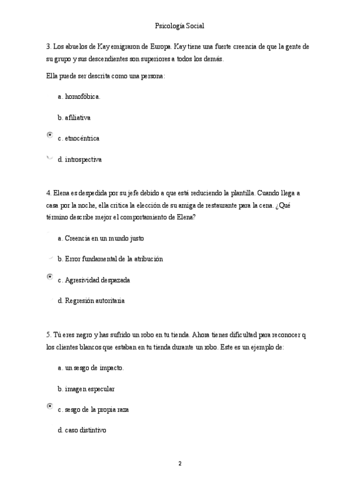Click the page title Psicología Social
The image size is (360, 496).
(x=179, y=26)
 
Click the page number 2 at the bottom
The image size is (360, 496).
(x=180, y=464)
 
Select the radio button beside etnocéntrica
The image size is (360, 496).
(x=50, y=135)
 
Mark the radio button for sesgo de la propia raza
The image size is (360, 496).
(x=50, y=406)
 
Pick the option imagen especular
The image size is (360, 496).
(x=89, y=389)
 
